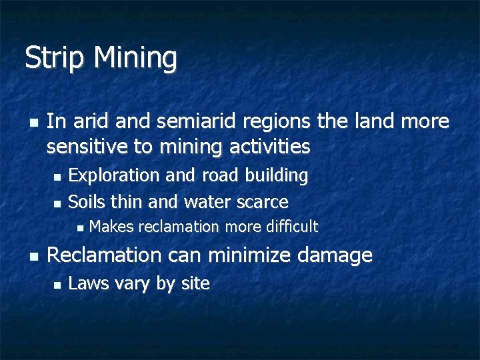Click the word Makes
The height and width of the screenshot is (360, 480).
point(111,227)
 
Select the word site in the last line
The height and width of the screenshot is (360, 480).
point(195,284)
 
